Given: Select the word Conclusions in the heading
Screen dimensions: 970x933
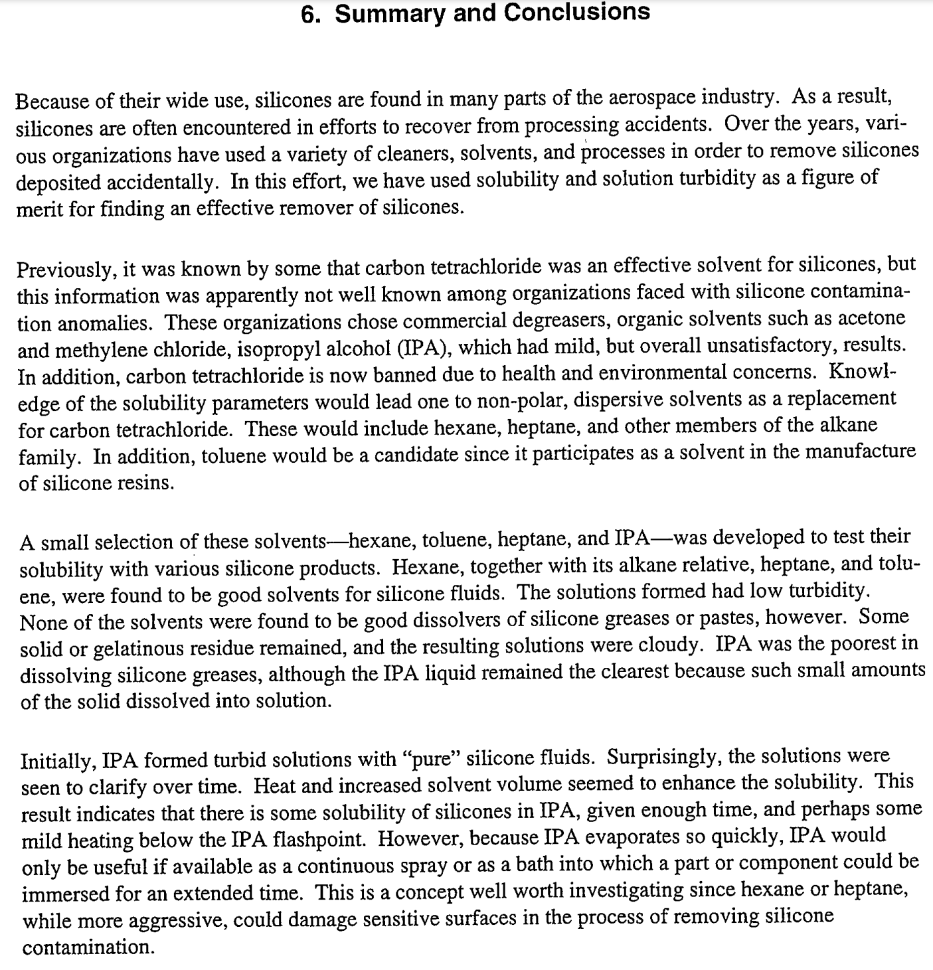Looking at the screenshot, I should [x=577, y=13].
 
